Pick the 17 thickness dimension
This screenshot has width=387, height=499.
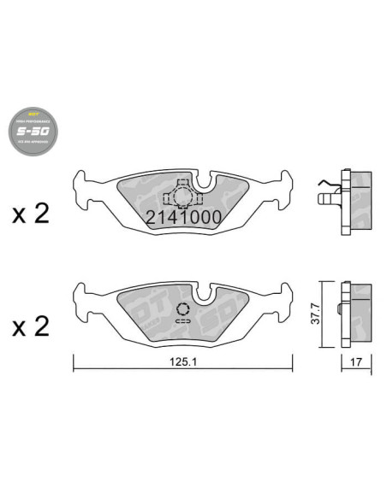click(x=354, y=362)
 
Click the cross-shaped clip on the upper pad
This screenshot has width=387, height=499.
click(x=182, y=196)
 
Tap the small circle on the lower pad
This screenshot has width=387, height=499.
click(x=182, y=310)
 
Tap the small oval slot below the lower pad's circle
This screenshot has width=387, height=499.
click(x=182, y=321)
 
